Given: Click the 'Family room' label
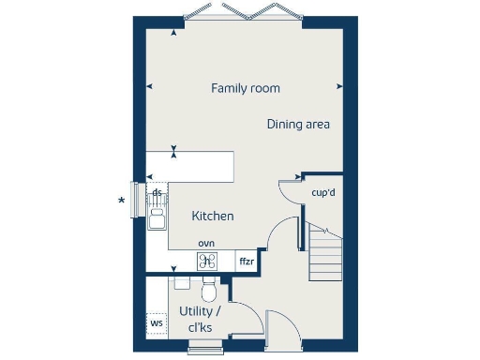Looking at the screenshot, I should point(246,88).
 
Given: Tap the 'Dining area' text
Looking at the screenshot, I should point(298,124).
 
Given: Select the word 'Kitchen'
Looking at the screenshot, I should point(213,217).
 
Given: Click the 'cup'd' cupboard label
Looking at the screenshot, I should point(324,194).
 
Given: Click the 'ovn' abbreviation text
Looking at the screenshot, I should point(206,244).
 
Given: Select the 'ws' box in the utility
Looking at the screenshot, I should point(157,324).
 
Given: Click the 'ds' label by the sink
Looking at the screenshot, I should point(157,192).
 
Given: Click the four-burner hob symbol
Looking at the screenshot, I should point(207,262).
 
